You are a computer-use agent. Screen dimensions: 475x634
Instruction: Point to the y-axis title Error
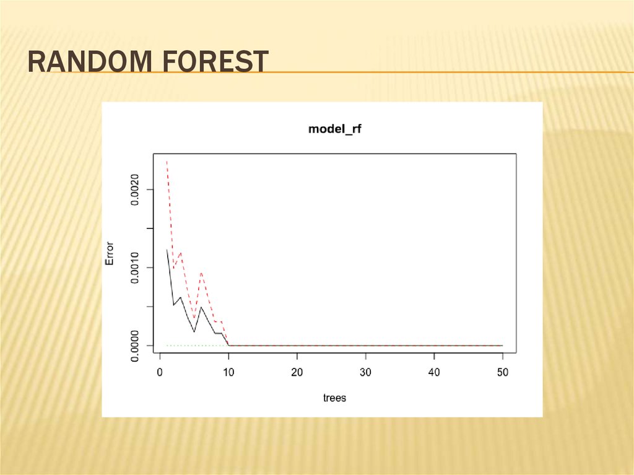(x=110, y=253)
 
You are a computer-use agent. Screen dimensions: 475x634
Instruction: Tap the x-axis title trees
(x=334, y=398)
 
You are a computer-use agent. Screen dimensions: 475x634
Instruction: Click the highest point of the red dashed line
(x=167, y=162)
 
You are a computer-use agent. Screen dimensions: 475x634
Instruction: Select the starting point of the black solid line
(x=167, y=250)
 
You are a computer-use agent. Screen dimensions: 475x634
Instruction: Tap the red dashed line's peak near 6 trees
(x=201, y=272)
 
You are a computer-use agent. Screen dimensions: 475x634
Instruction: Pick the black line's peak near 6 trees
(x=201, y=307)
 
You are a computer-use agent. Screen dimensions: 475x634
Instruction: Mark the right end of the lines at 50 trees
(x=502, y=345)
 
